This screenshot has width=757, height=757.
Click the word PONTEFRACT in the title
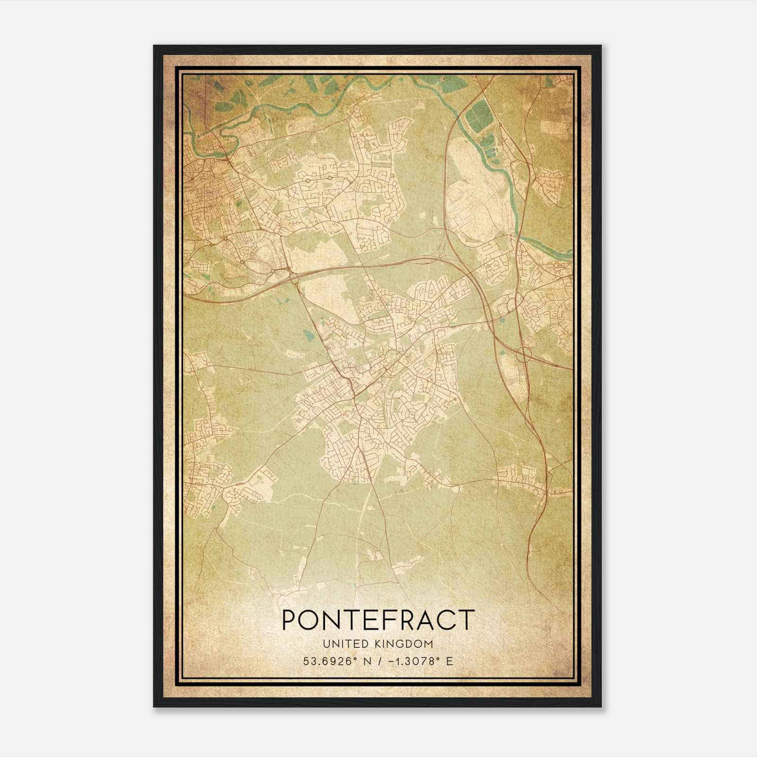click(378, 620)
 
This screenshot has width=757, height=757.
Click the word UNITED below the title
click(345, 643)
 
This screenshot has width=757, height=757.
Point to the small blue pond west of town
click(308, 336)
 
